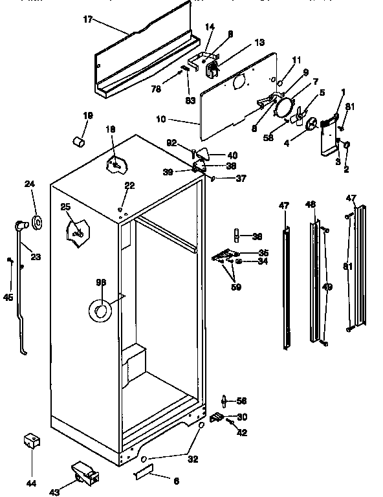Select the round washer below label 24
(x=36, y=223)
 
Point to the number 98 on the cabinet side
(x=100, y=282)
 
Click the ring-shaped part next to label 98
(x=100, y=312)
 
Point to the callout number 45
(x=8, y=298)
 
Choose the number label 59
(x=236, y=287)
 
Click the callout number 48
(x=311, y=204)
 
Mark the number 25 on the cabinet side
(x=65, y=206)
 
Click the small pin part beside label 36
(x=237, y=234)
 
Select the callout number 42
(x=243, y=433)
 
